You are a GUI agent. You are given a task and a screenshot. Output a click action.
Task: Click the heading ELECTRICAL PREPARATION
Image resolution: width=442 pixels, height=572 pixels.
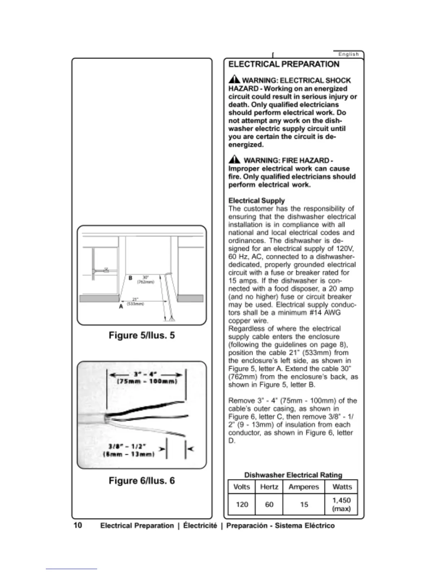[284, 64]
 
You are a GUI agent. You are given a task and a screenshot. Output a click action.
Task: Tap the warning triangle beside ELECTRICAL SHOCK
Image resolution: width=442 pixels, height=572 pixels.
[234, 79]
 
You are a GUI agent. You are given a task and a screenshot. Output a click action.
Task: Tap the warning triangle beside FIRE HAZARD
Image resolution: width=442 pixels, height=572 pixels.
[234, 160]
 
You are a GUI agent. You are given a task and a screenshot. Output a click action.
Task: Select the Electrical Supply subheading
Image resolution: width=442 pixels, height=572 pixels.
[256, 200]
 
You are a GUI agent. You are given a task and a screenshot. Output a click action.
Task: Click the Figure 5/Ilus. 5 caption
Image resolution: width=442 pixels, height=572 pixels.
[142, 335]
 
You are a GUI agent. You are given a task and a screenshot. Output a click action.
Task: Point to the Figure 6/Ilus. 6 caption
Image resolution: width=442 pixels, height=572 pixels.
[142, 481]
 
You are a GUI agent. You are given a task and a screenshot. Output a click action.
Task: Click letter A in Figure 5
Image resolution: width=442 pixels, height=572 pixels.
[121, 306]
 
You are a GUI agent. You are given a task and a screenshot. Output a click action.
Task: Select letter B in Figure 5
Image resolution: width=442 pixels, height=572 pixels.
[130, 278]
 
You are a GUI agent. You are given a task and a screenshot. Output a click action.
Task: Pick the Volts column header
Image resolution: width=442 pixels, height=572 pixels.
[242, 487]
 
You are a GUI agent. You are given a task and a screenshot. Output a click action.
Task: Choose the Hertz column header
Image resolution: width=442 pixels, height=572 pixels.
[269, 487]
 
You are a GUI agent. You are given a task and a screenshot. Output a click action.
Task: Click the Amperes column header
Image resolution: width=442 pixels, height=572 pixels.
[304, 487]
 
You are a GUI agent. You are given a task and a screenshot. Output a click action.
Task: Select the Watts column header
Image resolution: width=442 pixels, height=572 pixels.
[342, 487]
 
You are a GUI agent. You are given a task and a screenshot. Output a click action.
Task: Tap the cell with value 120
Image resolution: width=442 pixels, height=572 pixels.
[242, 504]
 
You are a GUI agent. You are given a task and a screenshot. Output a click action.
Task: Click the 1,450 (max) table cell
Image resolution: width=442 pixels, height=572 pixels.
[341, 504]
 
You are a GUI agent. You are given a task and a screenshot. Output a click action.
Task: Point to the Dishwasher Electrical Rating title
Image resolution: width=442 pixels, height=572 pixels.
[293, 475]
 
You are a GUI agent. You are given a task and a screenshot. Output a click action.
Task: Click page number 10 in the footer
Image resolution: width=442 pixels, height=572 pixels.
[78, 525]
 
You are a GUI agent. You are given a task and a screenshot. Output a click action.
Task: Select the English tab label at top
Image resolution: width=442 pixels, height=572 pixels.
[348, 54]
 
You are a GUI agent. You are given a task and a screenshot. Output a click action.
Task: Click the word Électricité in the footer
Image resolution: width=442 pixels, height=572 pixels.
[200, 525]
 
